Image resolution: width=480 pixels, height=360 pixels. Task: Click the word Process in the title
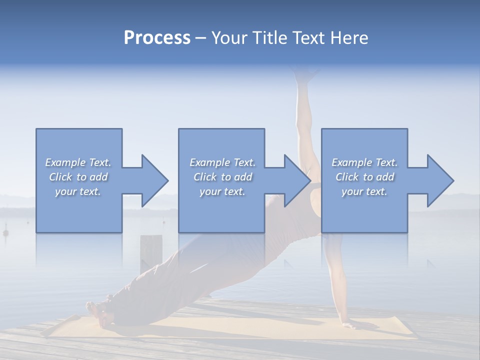click(157, 38)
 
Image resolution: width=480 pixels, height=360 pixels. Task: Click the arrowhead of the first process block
click(153, 180)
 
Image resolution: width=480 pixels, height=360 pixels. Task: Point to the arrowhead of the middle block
click(296, 180)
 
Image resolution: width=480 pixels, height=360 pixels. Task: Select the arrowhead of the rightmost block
click(439, 180)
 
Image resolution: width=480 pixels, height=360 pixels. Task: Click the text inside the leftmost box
click(78, 177)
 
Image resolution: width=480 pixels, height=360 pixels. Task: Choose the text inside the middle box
click(222, 177)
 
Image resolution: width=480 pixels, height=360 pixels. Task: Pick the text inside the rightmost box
click(364, 177)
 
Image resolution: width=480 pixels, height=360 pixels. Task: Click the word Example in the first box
click(65, 162)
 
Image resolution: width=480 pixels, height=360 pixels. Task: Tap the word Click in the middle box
click(204, 177)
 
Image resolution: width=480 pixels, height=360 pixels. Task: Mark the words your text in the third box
click(364, 191)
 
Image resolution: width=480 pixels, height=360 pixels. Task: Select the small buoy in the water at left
click(6, 232)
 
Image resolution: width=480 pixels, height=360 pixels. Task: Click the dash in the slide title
click(200, 38)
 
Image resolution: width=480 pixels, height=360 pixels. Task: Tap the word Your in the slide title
click(227, 38)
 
